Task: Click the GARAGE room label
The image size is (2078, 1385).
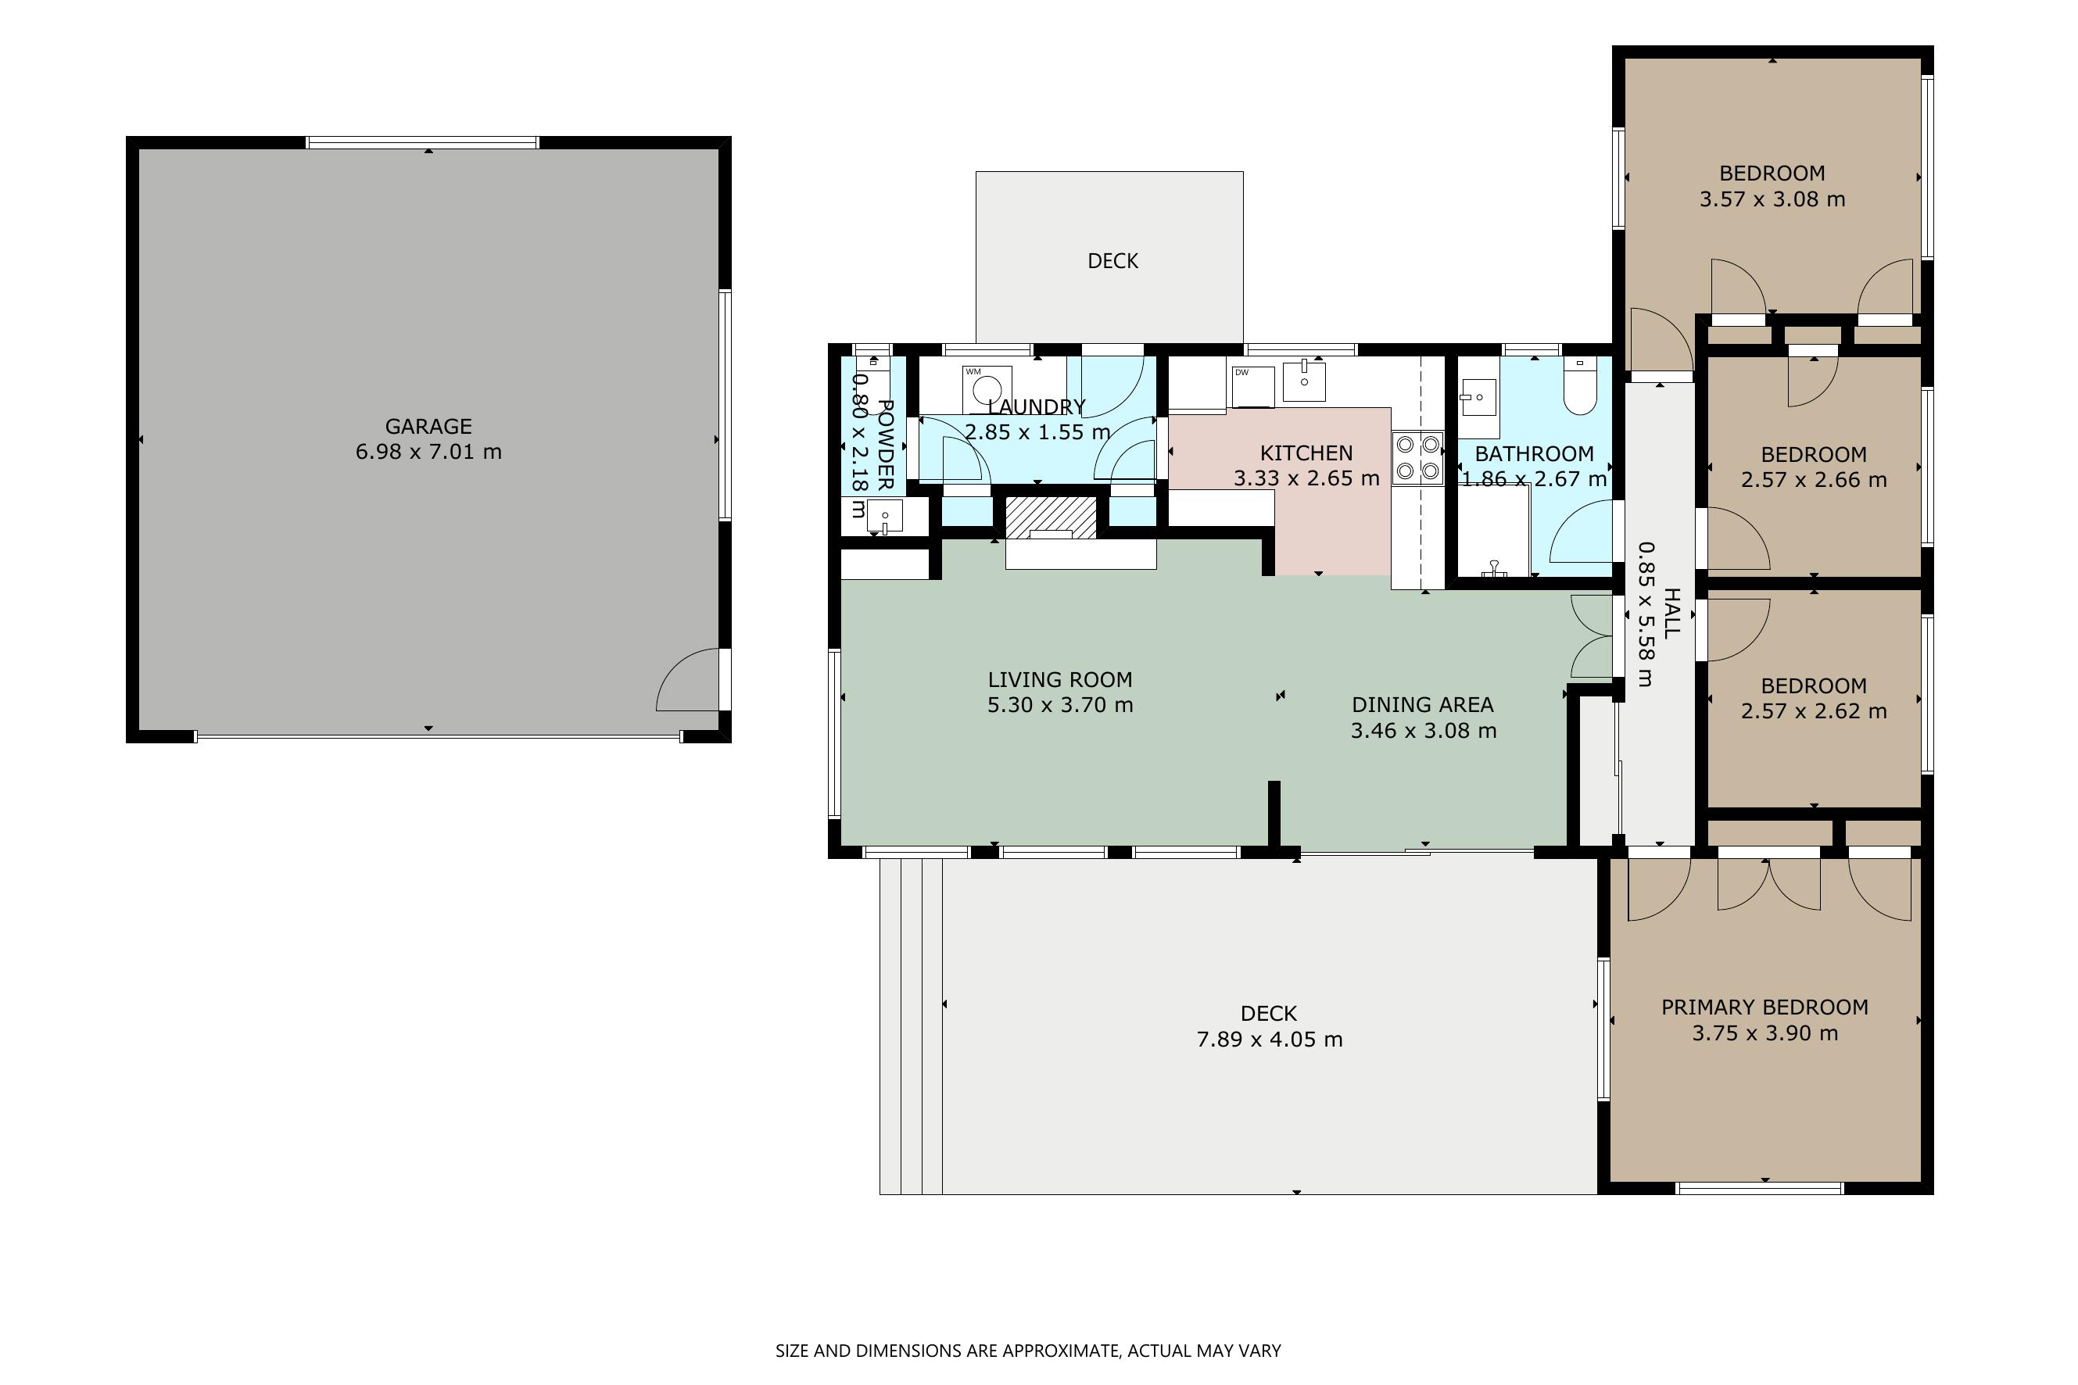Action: pyautogui.click(x=428, y=427)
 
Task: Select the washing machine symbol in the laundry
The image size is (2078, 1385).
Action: pyautogui.click(x=987, y=389)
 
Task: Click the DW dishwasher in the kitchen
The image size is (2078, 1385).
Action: pyautogui.click(x=1252, y=387)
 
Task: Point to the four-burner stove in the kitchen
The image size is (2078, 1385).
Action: pyautogui.click(x=1418, y=457)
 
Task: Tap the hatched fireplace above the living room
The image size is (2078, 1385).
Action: pyautogui.click(x=1052, y=517)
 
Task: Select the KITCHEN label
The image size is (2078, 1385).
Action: pyautogui.click(x=1306, y=453)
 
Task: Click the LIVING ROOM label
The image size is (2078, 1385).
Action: pyautogui.click(x=1060, y=679)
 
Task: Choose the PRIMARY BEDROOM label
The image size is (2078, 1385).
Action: pyautogui.click(x=1765, y=1007)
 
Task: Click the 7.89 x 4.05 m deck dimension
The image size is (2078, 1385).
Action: pyautogui.click(x=1270, y=1040)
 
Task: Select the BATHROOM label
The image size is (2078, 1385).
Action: pyautogui.click(x=1535, y=454)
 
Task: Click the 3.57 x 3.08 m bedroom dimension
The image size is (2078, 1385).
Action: pyautogui.click(x=1772, y=199)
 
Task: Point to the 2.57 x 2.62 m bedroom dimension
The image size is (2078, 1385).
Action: pyautogui.click(x=1814, y=712)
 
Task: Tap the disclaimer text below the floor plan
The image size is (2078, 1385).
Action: pyautogui.click(x=1028, y=1351)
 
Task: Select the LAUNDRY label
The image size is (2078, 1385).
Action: pyautogui.click(x=1037, y=407)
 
